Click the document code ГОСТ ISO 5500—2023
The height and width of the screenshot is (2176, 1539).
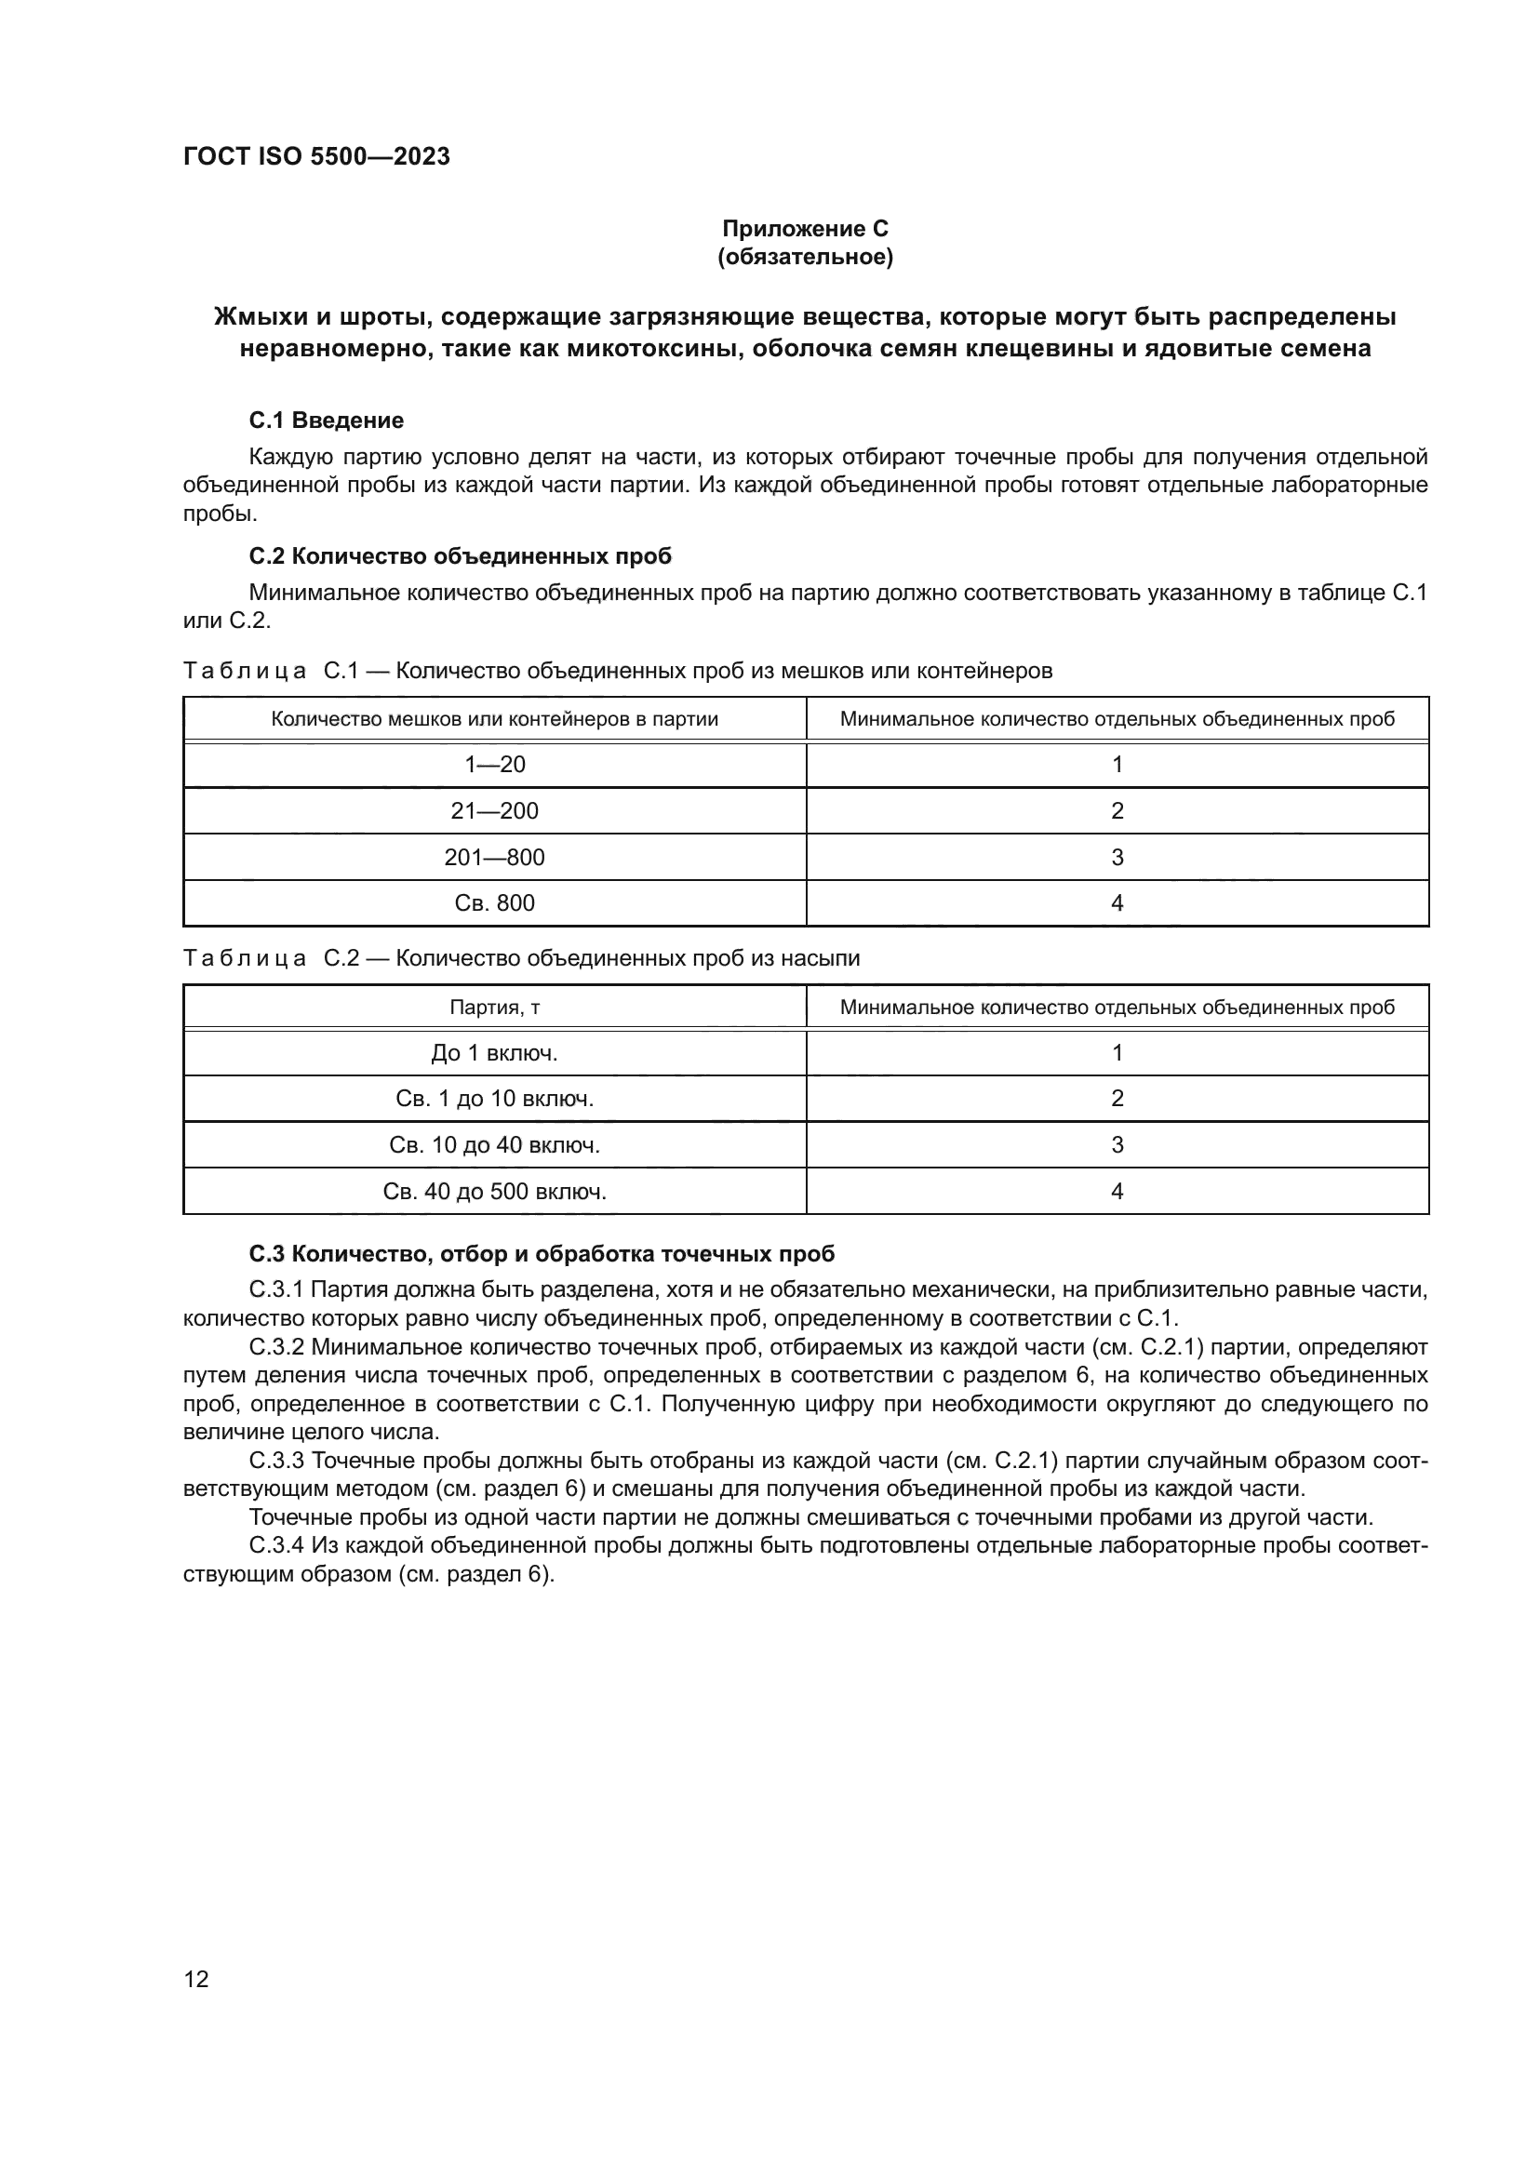click(x=316, y=157)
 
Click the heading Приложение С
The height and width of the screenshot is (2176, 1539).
click(x=805, y=229)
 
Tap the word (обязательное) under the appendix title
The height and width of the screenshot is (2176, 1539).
click(x=805, y=257)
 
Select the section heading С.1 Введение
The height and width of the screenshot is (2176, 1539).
click(x=326, y=420)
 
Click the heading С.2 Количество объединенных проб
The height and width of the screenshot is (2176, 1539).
click(x=460, y=556)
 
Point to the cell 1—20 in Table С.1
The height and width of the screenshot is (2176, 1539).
click(x=495, y=765)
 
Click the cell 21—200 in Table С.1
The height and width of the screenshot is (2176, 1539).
click(x=495, y=811)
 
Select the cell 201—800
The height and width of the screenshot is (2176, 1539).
click(x=495, y=858)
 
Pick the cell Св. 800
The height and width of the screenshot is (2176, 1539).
click(x=495, y=903)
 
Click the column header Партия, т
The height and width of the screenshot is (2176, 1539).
click(x=495, y=1008)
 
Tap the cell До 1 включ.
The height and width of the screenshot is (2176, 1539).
click(x=495, y=1053)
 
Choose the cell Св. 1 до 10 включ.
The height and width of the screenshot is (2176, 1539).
click(x=495, y=1099)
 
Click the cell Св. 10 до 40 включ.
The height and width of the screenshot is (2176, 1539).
click(x=495, y=1145)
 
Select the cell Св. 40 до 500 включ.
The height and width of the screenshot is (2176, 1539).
click(x=495, y=1192)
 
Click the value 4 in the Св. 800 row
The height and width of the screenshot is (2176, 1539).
click(x=1117, y=903)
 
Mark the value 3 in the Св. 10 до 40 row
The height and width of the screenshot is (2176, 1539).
click(x=1117, y=1145)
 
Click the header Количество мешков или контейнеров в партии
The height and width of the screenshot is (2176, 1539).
click(x=495, y=719)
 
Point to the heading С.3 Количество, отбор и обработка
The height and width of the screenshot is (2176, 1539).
click(x=542, y=1254)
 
